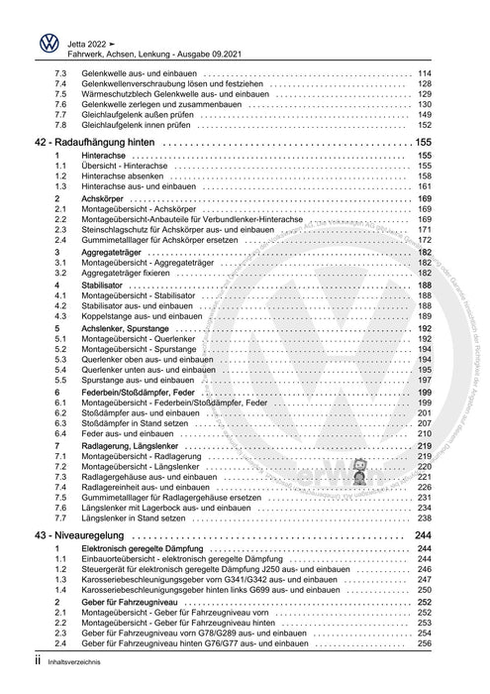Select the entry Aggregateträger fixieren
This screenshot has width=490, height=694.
pos(132,271)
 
